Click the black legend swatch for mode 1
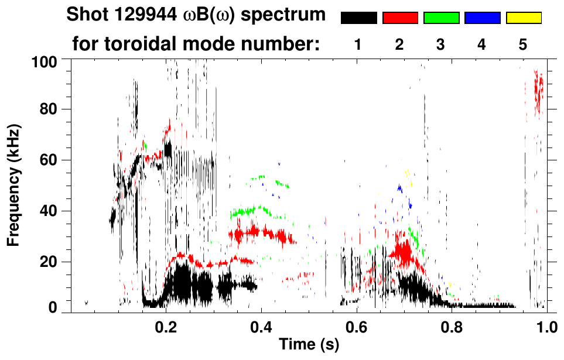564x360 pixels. (358, 18)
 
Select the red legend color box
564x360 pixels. (400, 18)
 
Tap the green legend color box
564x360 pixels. (441, 18)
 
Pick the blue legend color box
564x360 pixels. (482, 18)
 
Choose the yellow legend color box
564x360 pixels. (523, 18)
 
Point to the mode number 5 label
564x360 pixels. (522, 44)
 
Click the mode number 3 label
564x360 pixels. (440, 44)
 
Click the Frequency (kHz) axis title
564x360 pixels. (13, 185)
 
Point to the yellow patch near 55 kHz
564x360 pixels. (408, 175)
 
